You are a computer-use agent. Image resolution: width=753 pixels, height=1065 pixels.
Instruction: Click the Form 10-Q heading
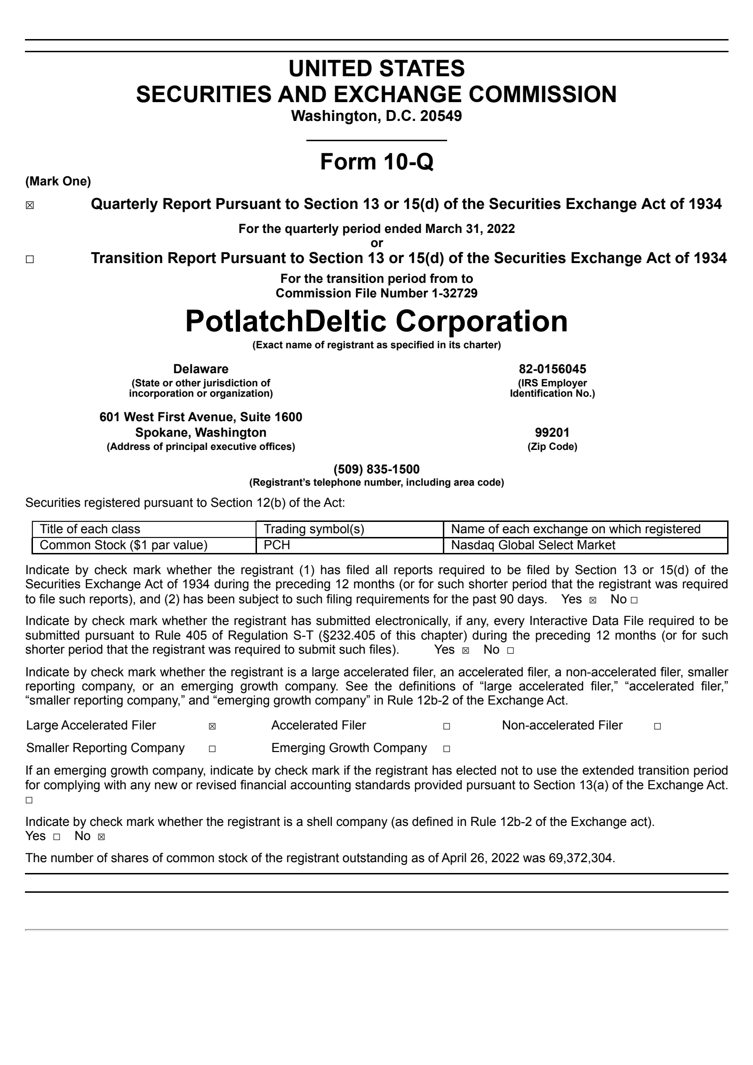(x=376, y=162)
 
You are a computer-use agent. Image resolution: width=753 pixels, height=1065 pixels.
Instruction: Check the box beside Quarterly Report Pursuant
(x=30, y=206)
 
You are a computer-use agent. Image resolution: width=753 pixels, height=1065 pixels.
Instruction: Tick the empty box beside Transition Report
(x=30, y=260)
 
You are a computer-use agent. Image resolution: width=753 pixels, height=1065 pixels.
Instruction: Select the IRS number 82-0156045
(x=552, y=369)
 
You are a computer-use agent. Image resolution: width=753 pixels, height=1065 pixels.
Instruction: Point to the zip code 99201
(x=552, y=432)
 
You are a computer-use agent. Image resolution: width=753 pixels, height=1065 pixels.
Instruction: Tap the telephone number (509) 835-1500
(x=376, y=469)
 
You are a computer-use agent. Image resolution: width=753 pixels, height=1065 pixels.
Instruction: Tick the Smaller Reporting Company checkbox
(x=212, y=749)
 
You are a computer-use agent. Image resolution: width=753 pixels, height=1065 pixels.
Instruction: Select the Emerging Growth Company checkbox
(x=446, y=749)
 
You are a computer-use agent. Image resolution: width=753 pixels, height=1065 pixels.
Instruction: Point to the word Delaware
(x=200, y=369)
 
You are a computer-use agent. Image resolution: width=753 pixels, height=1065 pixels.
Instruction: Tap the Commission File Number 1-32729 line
(x=376, y=293)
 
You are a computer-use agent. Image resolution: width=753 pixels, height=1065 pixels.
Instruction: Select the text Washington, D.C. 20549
(x=376, y=116)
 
